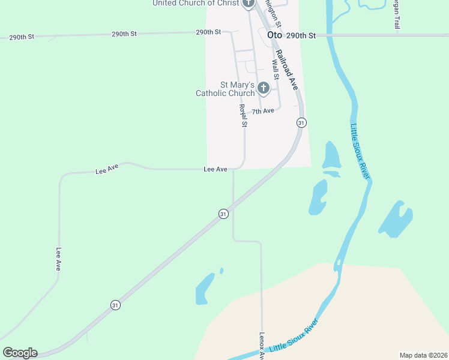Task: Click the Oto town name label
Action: [x=274, y=35]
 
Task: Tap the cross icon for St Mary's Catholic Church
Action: [x=263, y=89]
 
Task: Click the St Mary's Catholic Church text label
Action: [x=225, y=89]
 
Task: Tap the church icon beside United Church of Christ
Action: [x=249, y=4]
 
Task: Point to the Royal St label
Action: [x=243, y=116]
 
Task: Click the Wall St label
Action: [x=276, y=69]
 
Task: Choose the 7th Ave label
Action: [x=262, y=111]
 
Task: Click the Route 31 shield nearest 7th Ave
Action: [x=301, y=122]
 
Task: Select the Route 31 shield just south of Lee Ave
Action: [x=223, y=214]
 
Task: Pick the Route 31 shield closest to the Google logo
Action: [x=115, y=305]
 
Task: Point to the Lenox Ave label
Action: [x=262, y=346]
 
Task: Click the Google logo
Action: [x=20, y=352]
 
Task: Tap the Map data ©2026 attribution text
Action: [x=423, y=355]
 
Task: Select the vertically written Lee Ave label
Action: [x=59, y=259]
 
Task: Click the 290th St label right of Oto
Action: [x=301, y=36]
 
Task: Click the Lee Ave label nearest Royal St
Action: [x=215, y=170]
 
